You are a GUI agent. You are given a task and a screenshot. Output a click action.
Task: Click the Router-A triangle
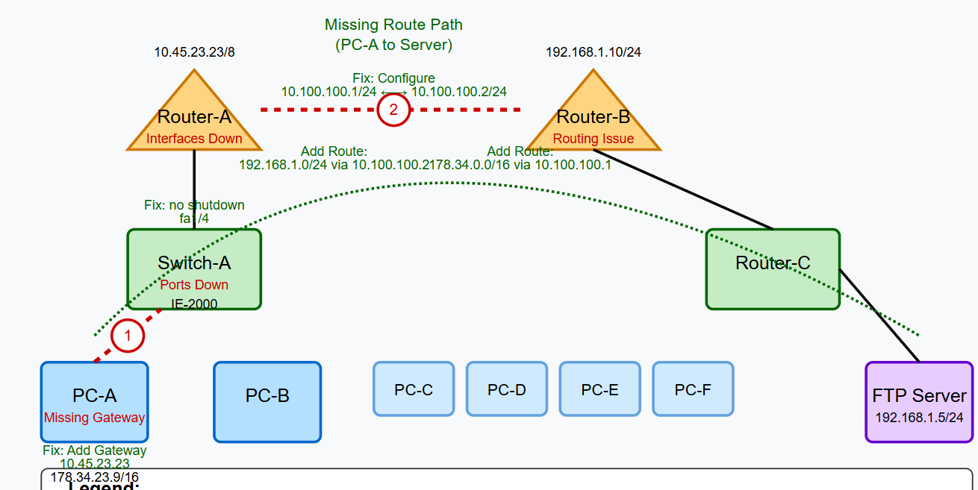[x=194, y=119]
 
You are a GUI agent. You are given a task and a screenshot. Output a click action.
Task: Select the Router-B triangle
[x=594, y=119]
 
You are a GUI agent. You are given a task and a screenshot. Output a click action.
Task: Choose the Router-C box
[x=773, y=268]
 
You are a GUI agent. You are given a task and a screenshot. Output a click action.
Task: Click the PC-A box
[x=94, y=395]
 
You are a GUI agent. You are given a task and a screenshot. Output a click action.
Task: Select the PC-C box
[x=414, y=389]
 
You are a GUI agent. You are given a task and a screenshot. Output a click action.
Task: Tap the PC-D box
[x=507, y=389]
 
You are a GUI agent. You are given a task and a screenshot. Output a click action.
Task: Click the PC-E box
[x=600, y=389]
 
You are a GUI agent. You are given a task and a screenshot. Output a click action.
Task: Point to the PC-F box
[x=693, y=389]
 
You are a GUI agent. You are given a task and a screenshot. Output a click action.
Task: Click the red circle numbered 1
[x=128, y=336]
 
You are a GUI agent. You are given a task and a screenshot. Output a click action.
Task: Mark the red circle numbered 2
[x=393, y=110]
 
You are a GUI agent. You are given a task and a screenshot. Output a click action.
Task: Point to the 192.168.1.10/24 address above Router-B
[x=594, y=52]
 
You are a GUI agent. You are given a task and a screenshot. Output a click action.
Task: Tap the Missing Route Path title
[x=393, y=34]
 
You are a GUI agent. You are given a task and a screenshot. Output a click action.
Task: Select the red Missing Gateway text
[x=94, y=418]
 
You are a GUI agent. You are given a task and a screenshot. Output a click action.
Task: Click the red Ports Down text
[x=194, y=284]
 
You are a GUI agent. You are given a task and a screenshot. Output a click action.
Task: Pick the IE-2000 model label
[x=194, y=303]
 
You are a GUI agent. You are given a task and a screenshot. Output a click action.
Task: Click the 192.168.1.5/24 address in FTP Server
[x=919, y=418]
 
